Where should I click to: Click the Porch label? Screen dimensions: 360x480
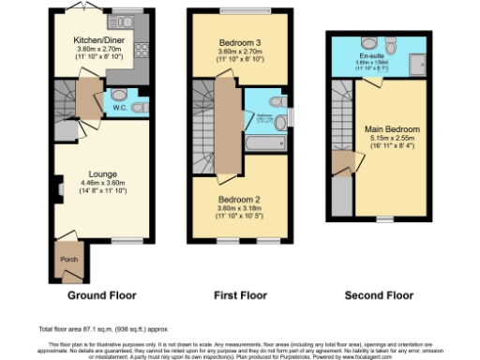point(67,261)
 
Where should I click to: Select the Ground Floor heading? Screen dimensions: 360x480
point(101,295)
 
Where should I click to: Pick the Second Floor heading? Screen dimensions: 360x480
point(380,295)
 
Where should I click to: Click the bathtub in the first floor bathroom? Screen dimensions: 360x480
point(259,144)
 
